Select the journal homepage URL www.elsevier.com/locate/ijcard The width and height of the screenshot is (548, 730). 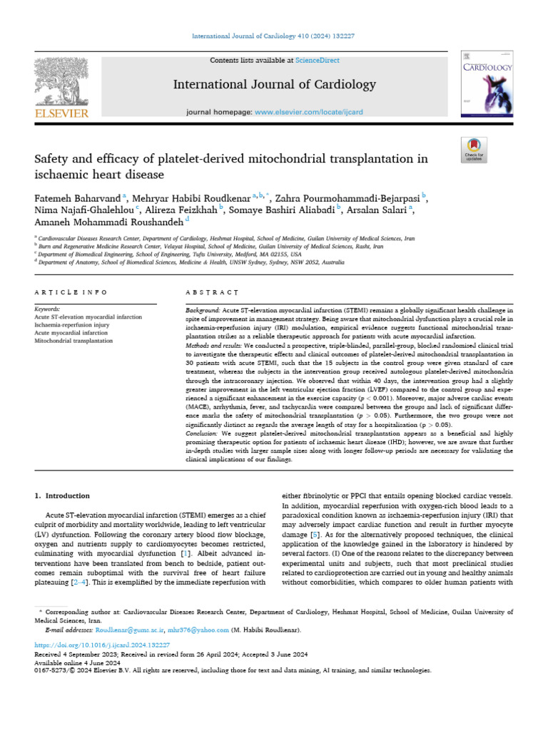point(305,113)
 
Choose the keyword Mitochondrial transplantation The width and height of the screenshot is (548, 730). point(73,341)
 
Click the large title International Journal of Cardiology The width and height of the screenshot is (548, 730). point(274,85)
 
